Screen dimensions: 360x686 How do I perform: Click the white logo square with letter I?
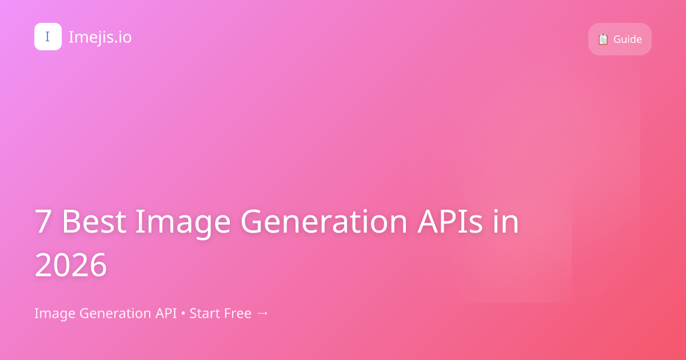(x=48, y=37)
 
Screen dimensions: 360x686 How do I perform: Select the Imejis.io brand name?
(x=100, y=37)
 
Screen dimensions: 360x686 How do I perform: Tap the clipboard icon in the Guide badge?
(x=603, y=39)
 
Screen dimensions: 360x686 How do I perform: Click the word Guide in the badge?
(x=628, y=39)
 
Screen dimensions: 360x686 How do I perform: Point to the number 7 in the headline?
(x=43, y=222)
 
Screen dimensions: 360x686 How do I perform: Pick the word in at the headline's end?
(x=506, y=222)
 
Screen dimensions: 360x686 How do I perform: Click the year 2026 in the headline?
(x=71, y=265)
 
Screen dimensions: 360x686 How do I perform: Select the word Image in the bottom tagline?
(x=55, y=313)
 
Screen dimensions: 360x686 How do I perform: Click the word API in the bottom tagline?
(x=167, y=313)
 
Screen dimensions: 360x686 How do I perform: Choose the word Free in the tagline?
(x=237, y=313)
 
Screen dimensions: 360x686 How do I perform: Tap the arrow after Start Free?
(x=262, y=313)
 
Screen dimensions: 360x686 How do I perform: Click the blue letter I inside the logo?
(x=47, y=37)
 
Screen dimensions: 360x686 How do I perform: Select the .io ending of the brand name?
(x=122, y=37)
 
